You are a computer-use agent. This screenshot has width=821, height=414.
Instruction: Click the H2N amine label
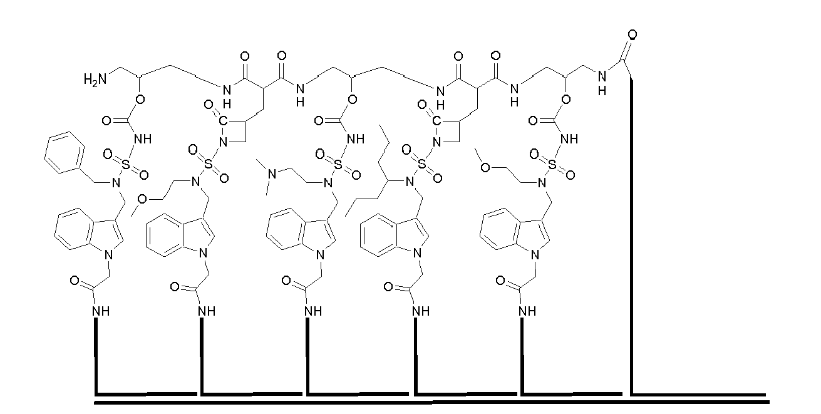point(95,79)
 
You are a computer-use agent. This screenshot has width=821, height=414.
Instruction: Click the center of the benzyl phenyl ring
point(65,152)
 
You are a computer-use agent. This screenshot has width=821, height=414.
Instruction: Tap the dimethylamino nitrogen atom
point(272,173)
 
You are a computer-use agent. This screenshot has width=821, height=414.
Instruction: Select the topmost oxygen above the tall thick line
point(632,34)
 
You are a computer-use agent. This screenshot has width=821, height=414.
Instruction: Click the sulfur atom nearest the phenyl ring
point(126,165)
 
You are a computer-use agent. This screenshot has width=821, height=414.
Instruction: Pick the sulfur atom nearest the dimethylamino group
point(338,165)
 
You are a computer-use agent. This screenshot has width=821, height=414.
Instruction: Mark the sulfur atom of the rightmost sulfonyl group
point(552,165)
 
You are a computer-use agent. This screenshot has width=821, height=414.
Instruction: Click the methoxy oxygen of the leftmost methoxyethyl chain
point(142,199)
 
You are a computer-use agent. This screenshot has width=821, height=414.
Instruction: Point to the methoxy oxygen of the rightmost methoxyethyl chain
point(485,168)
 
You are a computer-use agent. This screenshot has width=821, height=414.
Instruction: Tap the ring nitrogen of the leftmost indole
point(108,254)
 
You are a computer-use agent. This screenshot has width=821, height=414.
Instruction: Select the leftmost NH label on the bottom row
point(101,311)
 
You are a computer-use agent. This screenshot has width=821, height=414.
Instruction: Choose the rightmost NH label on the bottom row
point(527,311)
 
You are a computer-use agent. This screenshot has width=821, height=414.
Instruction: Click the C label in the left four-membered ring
point(223,121)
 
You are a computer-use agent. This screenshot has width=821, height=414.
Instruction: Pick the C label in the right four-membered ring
point(436,121)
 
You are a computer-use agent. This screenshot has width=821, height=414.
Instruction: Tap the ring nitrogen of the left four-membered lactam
point(223,142)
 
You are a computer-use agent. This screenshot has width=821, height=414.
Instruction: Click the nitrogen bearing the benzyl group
point(116,183)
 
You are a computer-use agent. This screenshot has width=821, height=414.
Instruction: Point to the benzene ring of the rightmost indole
point(498,229)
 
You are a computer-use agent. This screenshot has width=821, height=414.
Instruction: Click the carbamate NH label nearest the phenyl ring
point(143,139)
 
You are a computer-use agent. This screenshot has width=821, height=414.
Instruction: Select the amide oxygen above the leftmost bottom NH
point(75,281)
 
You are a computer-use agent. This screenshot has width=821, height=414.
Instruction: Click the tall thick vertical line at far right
point(631,237)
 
